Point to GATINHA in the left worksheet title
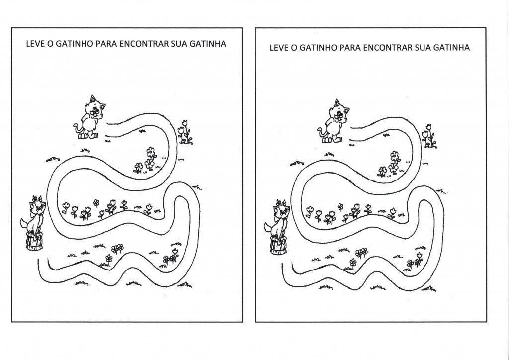click(x=208, y=44)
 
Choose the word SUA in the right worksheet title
click(x=423, y=48)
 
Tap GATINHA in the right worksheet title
click(x=451, y=48)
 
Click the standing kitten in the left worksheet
click(x=89, y=117)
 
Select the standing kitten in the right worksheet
click(x=334, y=121)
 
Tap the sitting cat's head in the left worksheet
click(x=38, y=205)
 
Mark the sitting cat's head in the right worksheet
click(x=282, y=209)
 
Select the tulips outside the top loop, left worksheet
click(x=185, y=132)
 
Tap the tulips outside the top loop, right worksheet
click(x=429, y=136)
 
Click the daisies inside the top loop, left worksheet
click(x=146, y=160)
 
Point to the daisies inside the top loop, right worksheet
click(x=390, y=164)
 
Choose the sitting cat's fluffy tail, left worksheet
click(x=25, y=224)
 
